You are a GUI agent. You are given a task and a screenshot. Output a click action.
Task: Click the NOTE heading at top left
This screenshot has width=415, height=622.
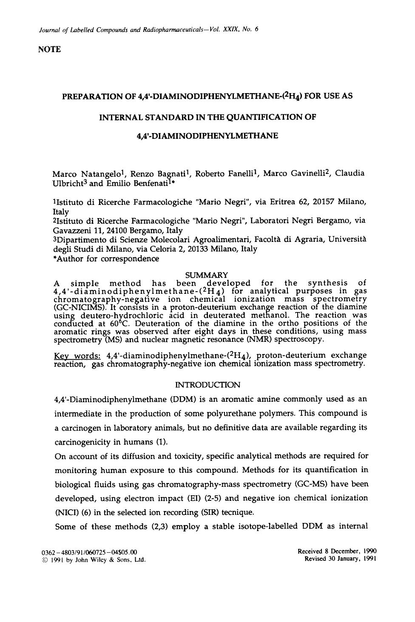pos(49,49)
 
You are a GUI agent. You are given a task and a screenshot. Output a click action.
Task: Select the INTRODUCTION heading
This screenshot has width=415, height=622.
pos(207,385)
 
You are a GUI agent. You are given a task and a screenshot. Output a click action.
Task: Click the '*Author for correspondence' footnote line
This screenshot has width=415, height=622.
pos(105,258)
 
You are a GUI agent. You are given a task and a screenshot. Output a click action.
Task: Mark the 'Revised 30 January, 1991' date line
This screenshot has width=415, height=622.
pos(340,559)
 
